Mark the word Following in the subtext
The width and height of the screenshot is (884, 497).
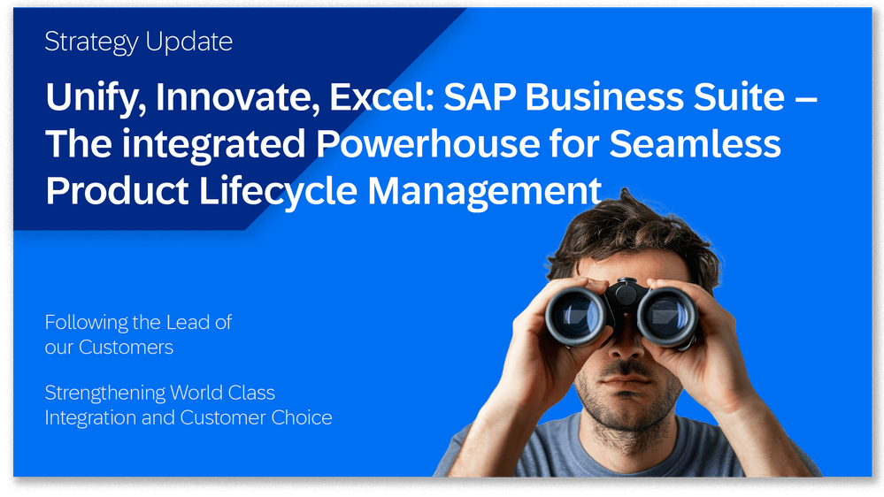[x=85, y=323]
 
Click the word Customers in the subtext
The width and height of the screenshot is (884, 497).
[x=126, y=348]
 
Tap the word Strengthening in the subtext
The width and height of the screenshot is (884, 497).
[x=104, y=393]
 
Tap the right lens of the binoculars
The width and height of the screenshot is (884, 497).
[x=665, y=316]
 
